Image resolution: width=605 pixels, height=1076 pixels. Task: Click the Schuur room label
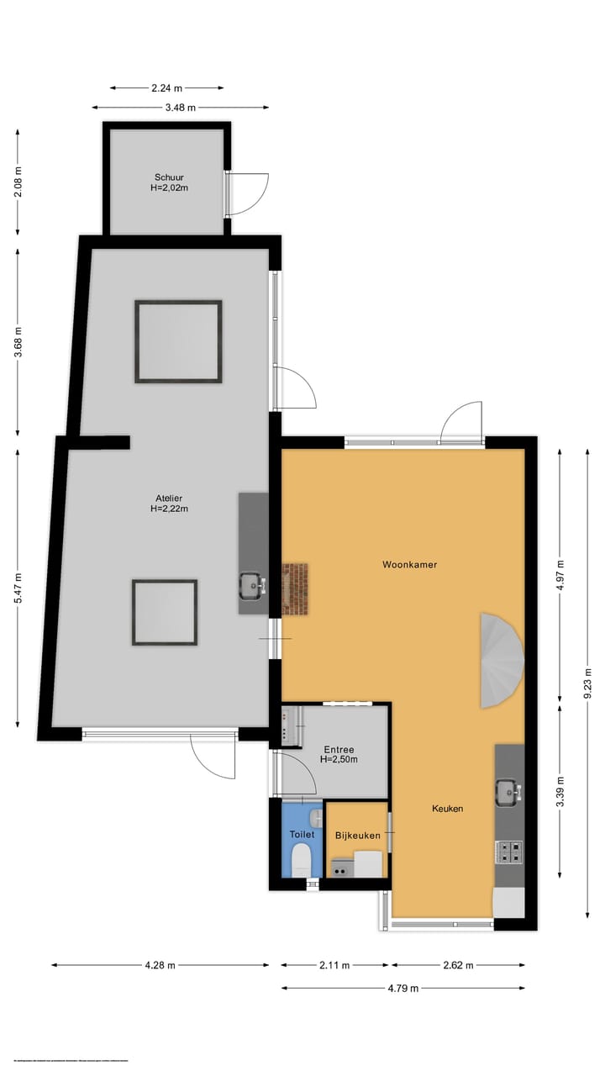(169, 177)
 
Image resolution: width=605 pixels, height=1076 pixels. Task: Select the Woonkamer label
(409, 565)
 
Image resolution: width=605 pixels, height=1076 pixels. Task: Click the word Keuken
(447, 809)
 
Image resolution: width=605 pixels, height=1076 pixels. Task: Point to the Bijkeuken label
(357, 836)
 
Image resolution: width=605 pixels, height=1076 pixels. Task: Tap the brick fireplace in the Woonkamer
(295, 588)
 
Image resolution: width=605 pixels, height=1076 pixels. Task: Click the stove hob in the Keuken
(508, 852)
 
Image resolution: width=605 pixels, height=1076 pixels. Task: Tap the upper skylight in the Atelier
(179, 341)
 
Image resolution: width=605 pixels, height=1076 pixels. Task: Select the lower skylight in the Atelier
(165, 612)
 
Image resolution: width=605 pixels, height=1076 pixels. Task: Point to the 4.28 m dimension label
(159, 965)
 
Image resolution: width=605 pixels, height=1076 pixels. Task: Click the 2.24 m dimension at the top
(166, 87)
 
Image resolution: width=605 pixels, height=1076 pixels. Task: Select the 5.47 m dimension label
(18, 588)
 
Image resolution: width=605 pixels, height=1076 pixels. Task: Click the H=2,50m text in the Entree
(339, 759)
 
